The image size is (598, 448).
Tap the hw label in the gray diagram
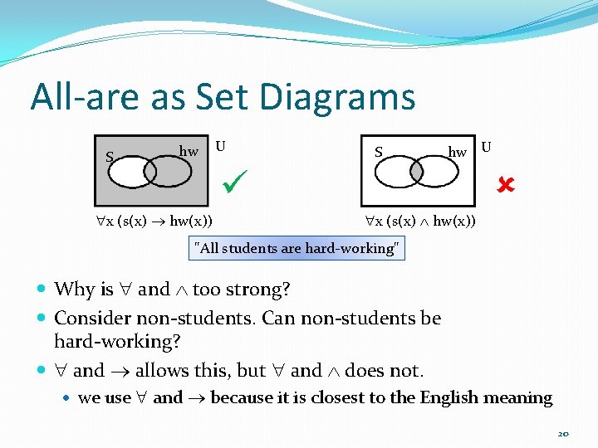tap(189, 151)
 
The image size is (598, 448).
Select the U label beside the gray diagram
tap(220, 146)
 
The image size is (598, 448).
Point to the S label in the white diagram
tap(379, 152)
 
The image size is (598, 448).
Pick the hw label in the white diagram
tap(457, 152)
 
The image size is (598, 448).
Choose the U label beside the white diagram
tap(486, 147)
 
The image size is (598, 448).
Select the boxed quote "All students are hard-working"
tap(297, 247)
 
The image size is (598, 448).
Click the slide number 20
tap(563, 434)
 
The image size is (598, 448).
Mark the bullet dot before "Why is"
tap(42, 290)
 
